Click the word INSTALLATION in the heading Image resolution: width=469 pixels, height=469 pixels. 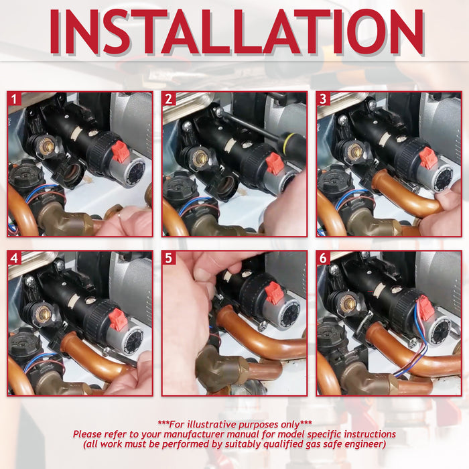(237, 32)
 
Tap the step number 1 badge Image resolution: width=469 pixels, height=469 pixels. (14, 99)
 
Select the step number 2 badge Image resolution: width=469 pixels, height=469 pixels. (169, 99)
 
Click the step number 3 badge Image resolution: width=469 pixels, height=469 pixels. (323, 99)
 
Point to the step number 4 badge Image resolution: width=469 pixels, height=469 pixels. (14, 258)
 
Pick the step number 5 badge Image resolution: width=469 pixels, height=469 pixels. (169, 258)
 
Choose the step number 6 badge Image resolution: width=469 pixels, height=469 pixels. (323, 258)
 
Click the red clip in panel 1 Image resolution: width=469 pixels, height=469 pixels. (121, 152)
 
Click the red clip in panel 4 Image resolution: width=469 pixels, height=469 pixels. (117, 320)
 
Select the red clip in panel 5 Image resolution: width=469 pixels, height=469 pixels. (273, 293)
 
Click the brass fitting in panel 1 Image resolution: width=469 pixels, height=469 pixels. (47, 145)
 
